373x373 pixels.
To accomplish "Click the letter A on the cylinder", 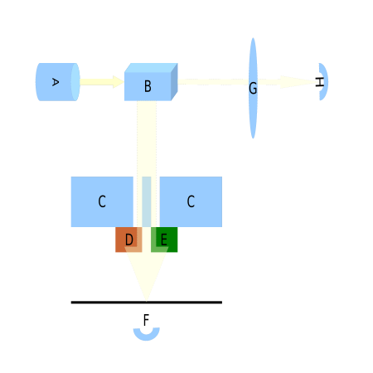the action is (56, 82).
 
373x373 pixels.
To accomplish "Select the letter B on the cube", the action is (148, 86).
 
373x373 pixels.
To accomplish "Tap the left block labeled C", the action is (102, 201).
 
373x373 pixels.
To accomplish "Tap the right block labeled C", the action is (191, 201).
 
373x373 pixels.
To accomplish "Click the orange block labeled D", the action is (128, 240).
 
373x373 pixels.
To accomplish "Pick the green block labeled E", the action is (164, 240).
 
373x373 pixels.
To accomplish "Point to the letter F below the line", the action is (146, 320).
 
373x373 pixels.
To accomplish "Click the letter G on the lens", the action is (253, 89).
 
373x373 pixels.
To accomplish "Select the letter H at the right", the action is (319, 82).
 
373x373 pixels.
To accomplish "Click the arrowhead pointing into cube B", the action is (119, 82).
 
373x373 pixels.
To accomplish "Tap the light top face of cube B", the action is (151, 68).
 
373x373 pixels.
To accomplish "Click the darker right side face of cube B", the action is (174, 82).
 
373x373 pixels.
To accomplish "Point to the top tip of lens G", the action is (253, 38).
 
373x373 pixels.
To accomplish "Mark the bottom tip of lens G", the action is (253, 138).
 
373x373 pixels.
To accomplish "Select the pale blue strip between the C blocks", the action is (147, 201).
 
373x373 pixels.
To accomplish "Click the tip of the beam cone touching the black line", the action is (147, 301).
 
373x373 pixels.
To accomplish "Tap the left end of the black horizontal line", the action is (71, 303).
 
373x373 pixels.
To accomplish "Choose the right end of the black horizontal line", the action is (222, 303).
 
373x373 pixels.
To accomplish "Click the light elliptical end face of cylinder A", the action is (75, 82).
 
